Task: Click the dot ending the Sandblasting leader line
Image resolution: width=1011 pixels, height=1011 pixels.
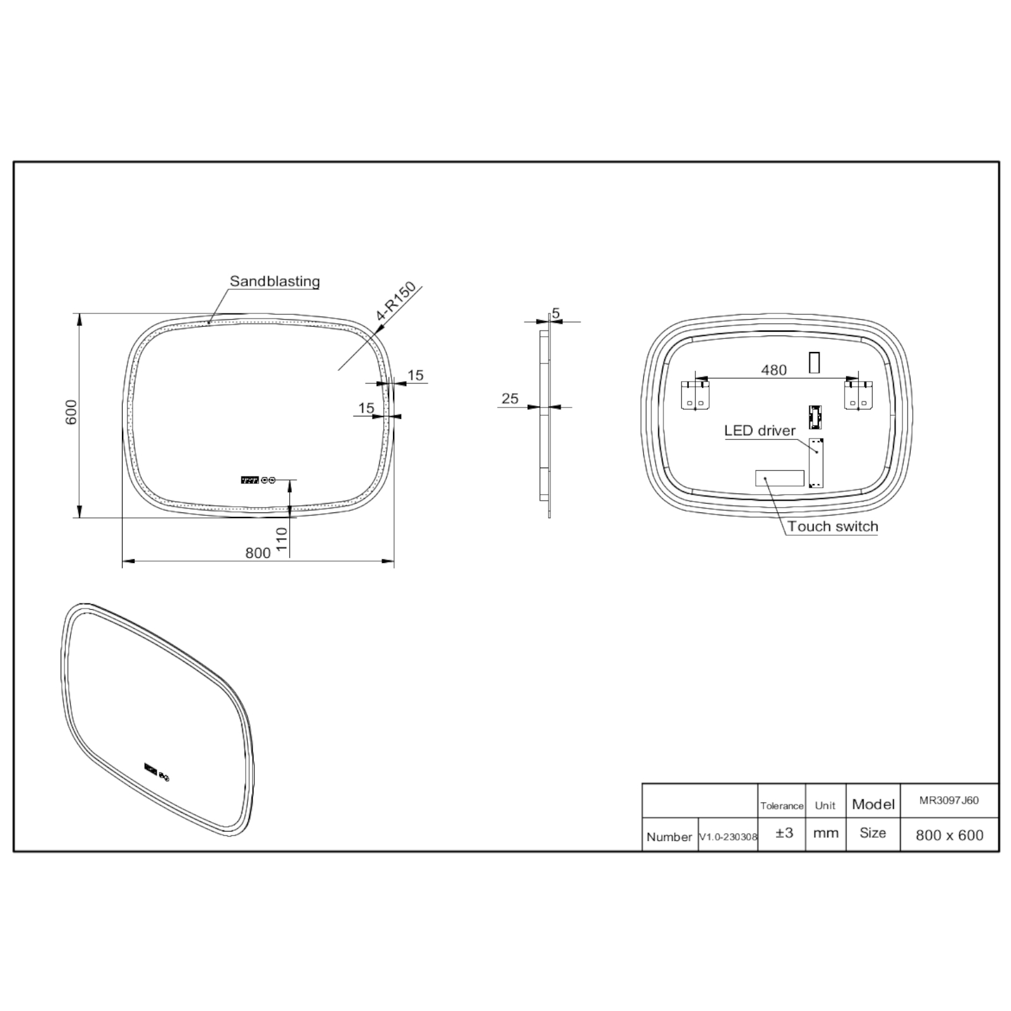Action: click(x=209, y=322)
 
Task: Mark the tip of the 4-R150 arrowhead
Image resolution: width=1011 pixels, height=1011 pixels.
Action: click(x=376, y=332)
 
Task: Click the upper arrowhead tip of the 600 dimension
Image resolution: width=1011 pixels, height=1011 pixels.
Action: click(x=80, y=313)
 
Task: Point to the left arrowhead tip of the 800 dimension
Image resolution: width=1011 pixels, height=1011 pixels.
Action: click(x=122, y=560)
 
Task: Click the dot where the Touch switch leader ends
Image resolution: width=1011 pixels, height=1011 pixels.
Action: click(x=765, y=479)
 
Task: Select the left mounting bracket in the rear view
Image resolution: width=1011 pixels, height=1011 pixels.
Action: click(x=695, y=395)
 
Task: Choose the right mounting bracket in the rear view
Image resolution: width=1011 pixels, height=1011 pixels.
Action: click(x=859, y=395)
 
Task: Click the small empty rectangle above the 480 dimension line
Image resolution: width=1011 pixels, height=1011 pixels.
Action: click(x=814, y=363)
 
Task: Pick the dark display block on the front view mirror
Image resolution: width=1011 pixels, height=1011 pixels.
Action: click(x=250, y=480)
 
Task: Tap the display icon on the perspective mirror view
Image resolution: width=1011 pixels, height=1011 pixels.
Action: click(x=152, y=768)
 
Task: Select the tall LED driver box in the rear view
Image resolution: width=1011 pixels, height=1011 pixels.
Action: click(x=816, y=463)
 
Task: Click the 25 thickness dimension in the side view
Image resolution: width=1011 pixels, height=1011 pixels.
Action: click(x=510, y=399)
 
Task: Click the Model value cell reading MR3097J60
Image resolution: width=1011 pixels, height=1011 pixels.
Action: click(x=949, y=801)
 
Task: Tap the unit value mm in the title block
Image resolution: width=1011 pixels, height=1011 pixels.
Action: click(x=825, y=833)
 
